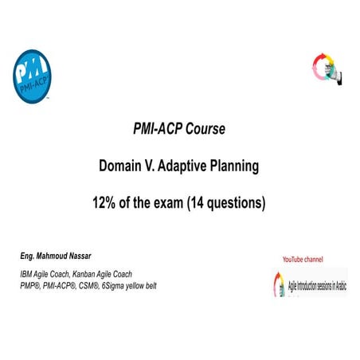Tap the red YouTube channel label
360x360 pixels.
(303, 259)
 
